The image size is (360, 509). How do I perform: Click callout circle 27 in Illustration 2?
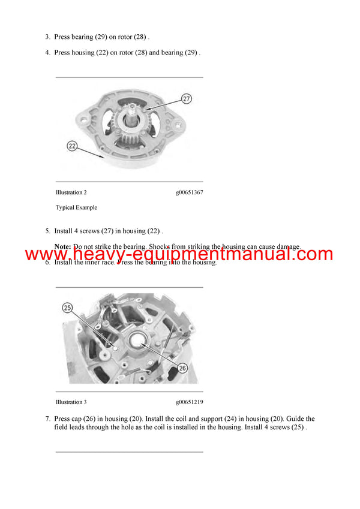click(x=186, y=98)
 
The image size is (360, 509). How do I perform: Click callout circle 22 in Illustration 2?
click(x=72, y=146)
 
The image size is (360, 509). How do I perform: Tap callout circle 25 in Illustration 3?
click(x=67, y=308)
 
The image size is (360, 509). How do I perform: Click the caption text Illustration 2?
click(x=71, y=192)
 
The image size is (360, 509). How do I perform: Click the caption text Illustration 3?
click(x=71, y=402)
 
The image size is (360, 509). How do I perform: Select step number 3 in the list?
click(x=47, y=37)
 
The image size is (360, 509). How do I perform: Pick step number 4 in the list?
click(x=47, y=53)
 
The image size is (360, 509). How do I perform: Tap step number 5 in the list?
click(x=47, y=231)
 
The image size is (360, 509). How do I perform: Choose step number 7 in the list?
click(x=47, y=419)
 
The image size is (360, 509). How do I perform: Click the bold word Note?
click(x=62, y=246)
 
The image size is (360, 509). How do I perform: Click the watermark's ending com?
click(x=313, y=254)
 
